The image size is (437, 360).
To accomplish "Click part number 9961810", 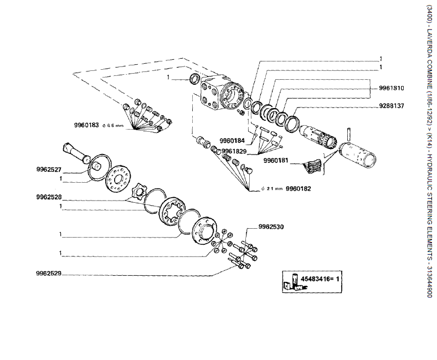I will click(392, 88).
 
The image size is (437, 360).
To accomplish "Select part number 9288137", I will click(392, 106).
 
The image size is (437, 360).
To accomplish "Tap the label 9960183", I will click(86, 125).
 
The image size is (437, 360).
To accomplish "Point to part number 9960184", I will click(232, 140).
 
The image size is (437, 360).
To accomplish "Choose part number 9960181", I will click(276, 161).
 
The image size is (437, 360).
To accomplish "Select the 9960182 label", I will click(299, 189).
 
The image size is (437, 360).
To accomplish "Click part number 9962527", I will click(48, 169).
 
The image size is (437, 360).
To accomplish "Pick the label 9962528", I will click(48, 197).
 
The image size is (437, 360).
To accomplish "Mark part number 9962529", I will click(48, 273).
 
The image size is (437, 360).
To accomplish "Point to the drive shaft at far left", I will click(75, 152).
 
